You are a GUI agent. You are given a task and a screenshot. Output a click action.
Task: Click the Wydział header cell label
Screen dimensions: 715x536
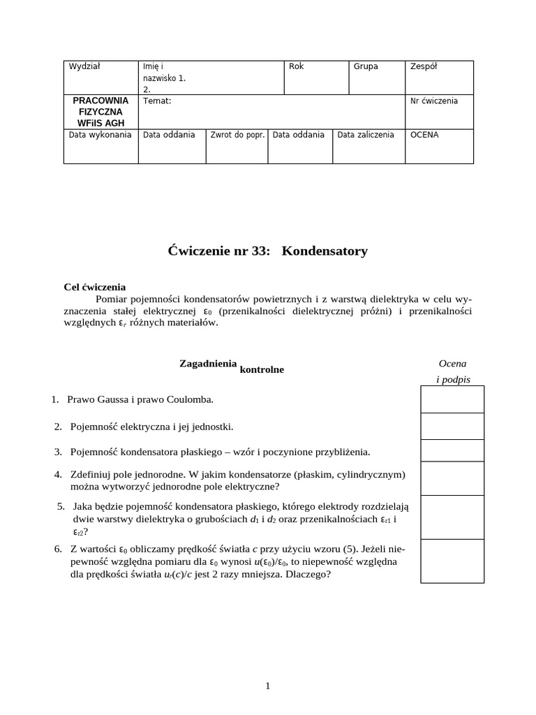[x=84, y=66]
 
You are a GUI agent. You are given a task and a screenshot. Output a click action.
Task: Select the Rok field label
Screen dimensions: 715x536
[x=296, y=66]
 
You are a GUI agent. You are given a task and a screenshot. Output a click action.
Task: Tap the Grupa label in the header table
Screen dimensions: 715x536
[x=366, y=66]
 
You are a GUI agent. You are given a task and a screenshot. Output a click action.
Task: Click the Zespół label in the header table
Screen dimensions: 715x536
[x=424, y=66]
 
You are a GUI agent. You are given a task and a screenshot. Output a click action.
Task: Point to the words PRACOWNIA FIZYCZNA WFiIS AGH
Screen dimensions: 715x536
[x=100, y=112]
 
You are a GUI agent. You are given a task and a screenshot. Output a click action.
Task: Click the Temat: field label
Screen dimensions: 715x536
[x=157, y=101]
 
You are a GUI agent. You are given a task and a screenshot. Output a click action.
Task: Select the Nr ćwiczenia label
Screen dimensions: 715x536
[x=434, y=101]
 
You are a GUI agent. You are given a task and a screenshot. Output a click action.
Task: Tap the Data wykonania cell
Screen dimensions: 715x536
[x=100, y=135]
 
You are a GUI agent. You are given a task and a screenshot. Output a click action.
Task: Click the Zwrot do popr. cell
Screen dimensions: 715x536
[x=238, y=135]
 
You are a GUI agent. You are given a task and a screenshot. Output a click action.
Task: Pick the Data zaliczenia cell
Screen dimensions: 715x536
[x=366, y=135]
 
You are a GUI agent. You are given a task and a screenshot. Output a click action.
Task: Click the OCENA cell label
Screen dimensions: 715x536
[x=424, y=135]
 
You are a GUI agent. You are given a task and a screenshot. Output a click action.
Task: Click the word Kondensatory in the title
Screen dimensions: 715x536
[x=325, y=251]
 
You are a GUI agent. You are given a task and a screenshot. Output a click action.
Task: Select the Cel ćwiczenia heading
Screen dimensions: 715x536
[x=94, y=286]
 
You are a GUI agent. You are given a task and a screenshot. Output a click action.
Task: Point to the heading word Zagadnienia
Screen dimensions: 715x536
[x=208, y=364]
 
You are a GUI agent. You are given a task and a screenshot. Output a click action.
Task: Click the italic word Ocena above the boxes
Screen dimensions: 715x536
[x=452, y=364]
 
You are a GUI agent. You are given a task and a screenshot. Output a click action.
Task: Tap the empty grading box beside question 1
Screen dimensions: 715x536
[x=452, y=399]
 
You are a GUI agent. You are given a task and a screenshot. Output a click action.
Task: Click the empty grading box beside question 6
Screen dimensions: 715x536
[x=452, y=561]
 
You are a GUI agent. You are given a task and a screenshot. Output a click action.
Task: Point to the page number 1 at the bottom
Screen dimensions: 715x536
[x=268, y=686]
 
